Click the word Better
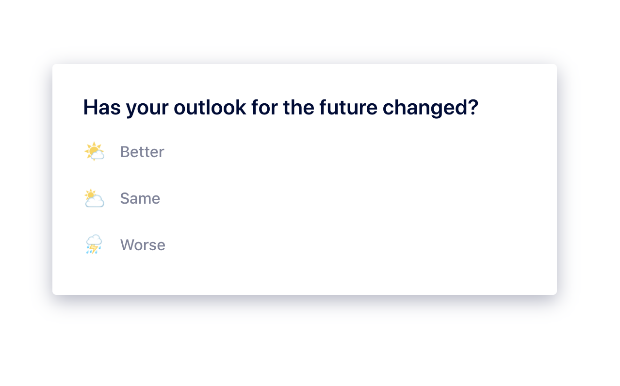[x=142, y=152]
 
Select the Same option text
[x=140, y=198]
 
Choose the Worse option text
[x=143, y=245]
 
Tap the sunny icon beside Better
[x=95, y=151]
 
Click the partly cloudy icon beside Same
[x=95, y=198]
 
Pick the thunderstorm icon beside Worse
[x=94, y=244]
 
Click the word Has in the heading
[x=102, y=107]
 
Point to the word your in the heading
[x=147, y=110]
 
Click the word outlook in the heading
[x=210, y=107]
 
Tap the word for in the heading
[x=264, y=107]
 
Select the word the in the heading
[x=299, y=107]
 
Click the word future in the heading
[x=348, y=107]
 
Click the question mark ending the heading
[x=473, y=107]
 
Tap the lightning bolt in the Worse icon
[x=94, y=248]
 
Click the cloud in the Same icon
[x=95, y=201]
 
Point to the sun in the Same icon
[x=90, y=194]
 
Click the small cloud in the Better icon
[x=98, y=155]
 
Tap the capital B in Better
[x=125, y=152]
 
